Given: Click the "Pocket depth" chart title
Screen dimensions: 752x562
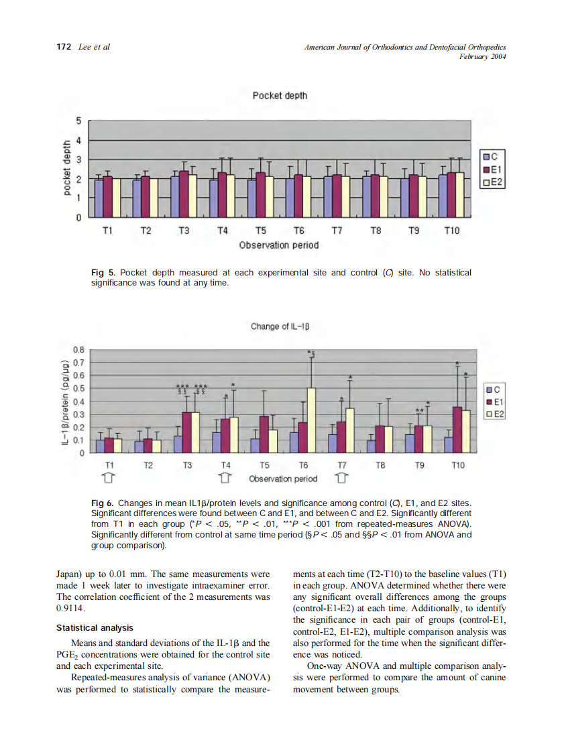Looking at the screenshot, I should [280, 95].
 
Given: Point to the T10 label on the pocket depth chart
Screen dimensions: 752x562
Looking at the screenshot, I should [452, 231].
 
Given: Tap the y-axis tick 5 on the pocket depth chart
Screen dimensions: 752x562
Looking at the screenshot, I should [78, 121].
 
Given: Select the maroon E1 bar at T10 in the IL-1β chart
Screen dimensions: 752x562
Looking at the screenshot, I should [457, 430].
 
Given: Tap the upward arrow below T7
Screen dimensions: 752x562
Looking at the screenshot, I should [341, 479].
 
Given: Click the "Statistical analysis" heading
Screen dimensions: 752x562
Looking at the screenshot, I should [95, 628].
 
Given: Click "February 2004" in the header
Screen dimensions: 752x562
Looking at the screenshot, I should [482, 56].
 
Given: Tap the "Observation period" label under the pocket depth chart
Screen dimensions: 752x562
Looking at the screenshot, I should [279, 245].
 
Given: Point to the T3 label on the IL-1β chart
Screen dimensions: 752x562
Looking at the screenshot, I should [187, 464].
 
